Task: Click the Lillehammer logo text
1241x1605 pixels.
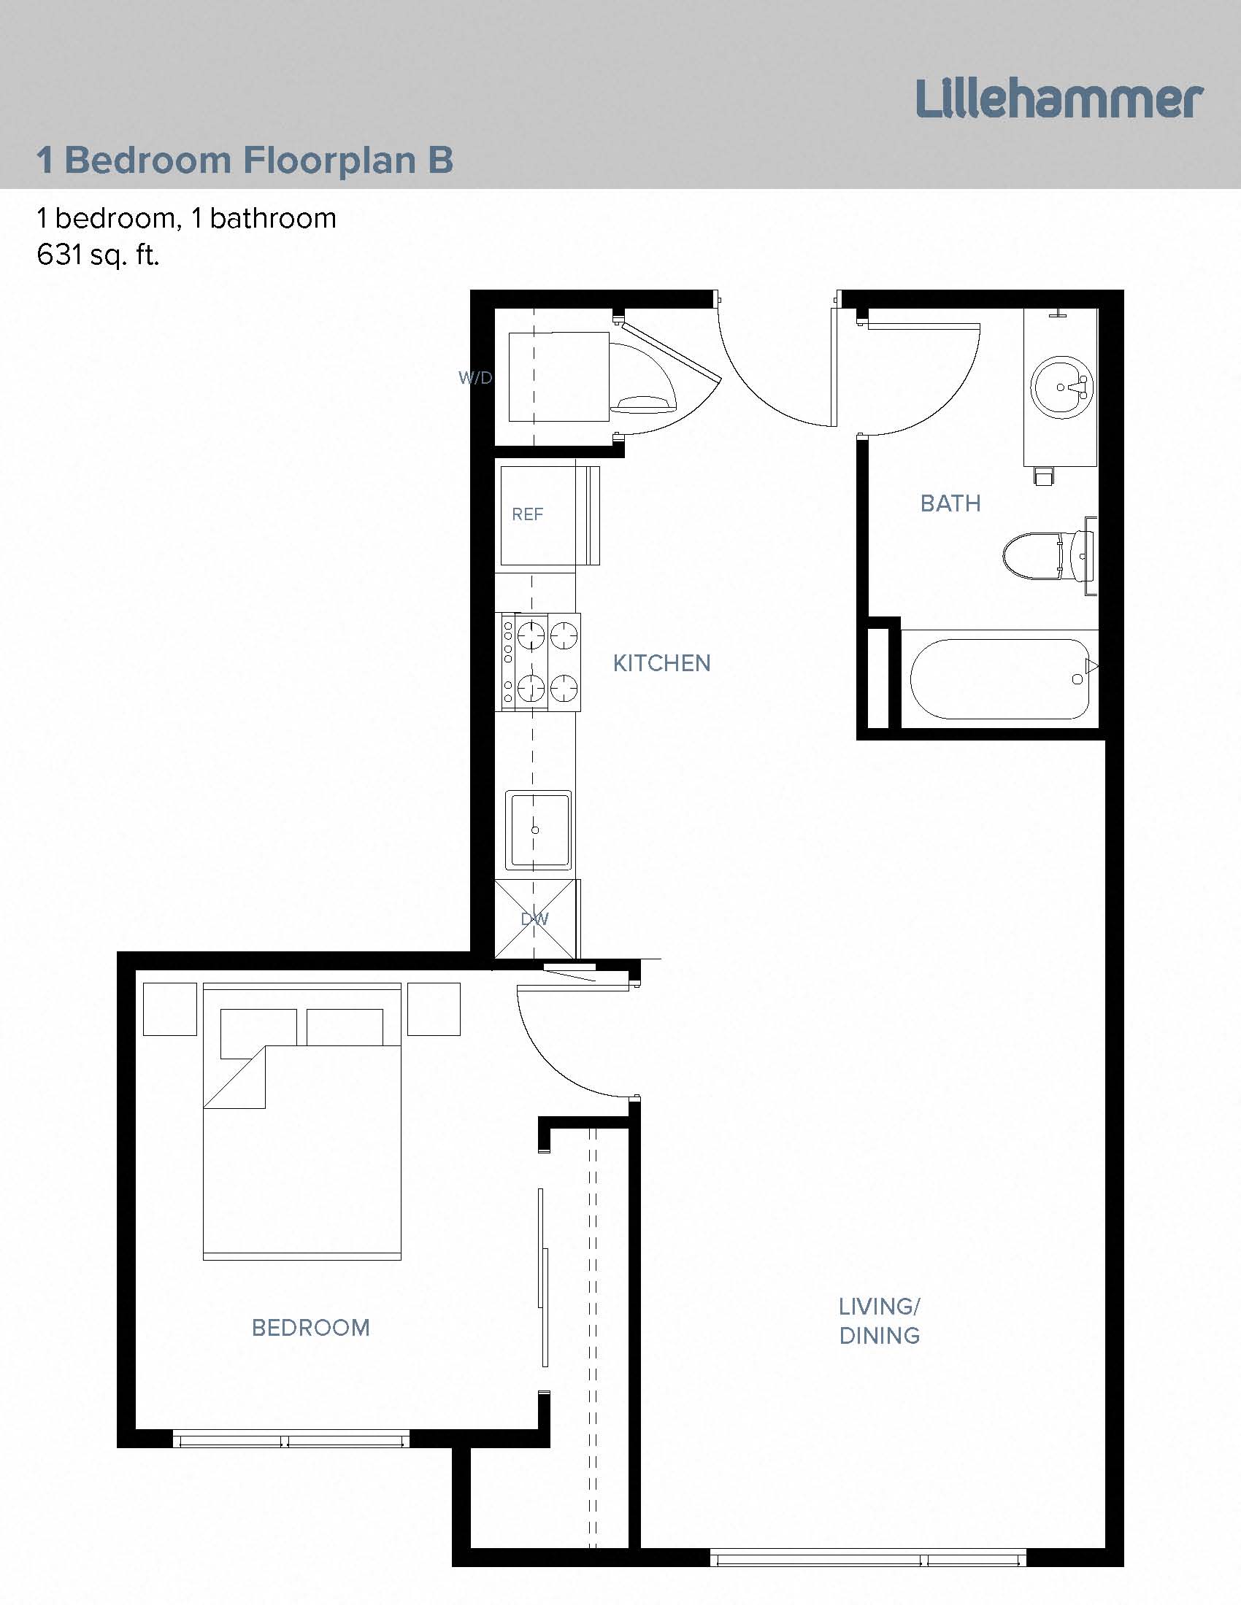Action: [x=1058, y=100]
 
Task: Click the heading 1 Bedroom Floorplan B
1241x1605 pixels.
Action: [x=245, y=160]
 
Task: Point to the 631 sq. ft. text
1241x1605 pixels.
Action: [x=98, y=255]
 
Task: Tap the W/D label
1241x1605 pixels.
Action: [x=475, y=378]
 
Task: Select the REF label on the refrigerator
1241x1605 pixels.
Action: [x=527, y=514]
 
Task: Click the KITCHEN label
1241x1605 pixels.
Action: [x=661, y=664]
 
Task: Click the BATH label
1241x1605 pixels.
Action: [x=950, y=503]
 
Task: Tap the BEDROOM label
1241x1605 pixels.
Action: [x=310, y=1328]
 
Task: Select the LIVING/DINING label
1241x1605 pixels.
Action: [x=880, y=1321]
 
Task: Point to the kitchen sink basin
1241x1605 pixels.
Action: [x=537, y=829]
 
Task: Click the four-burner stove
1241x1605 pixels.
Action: [x=540, y=662]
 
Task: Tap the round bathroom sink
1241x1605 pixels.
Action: [x=1061, y=387]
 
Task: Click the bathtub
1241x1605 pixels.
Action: [x=1000, y=679]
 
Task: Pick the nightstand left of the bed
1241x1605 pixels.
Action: [x=170, y=1010]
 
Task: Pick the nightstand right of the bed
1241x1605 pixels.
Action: [x=434, y=1010]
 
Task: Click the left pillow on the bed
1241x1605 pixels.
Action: [x=258, y=1027]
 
